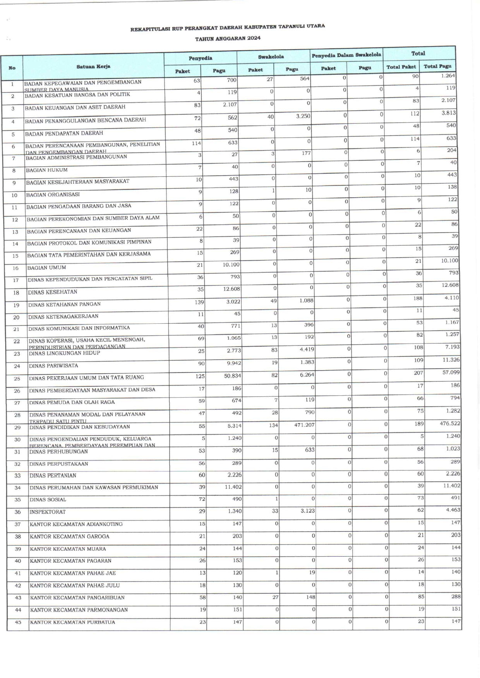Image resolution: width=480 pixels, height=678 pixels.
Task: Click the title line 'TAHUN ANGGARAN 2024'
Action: tap(228, 38)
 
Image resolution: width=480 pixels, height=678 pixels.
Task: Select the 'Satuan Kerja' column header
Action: tap(93, 67)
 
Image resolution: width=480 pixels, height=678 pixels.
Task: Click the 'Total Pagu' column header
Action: tap(437, 66)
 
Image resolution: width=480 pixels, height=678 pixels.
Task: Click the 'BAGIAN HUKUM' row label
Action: tap(46, 170)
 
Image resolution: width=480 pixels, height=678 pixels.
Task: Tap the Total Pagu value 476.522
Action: tap(450, 424)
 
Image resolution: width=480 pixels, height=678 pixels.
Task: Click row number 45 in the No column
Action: tap(18, 622)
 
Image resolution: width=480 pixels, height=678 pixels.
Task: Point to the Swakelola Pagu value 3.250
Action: tap(303, 116)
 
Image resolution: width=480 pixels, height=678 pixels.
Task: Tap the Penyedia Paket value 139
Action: tap(199, 302)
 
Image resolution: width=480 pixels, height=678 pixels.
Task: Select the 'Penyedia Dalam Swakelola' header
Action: tap(346, 55)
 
